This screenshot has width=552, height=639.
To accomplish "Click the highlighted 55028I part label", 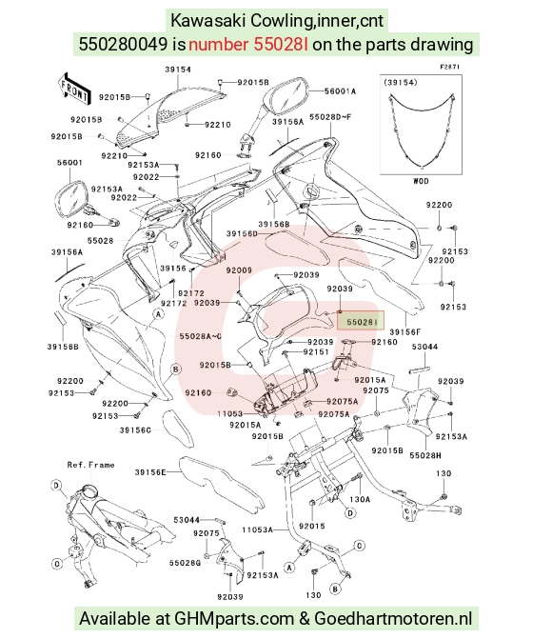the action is pyautogui.click(x=361, y=321).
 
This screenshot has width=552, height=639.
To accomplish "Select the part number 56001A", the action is pyautogui.click(x=340, y=91).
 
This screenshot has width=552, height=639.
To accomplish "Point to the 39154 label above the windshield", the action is pyautogui.click(x=178, y=70).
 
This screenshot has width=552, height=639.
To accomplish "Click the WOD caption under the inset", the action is pyautogui.click(x=421, y=181).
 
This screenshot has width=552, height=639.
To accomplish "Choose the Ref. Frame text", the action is pyautogui.click(x=90, y=465).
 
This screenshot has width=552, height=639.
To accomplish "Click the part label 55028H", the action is pyautogui.click(x=425, y=455).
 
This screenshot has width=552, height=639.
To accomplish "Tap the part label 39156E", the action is pyautogui.click(x=150, y=472).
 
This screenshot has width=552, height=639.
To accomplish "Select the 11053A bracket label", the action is pyautogui.click(x=258, y=529).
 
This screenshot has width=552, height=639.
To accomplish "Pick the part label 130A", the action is pyautogui.click(x=360, y=499).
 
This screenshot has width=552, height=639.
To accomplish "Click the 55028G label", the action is pyautogui.click(x=185, y=563).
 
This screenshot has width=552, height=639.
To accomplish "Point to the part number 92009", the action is pyautogui.click(x=239, y=270).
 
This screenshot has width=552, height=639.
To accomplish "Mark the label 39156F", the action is pyautogui.click(x=405, y=332).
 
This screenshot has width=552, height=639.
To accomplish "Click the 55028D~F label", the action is pyautogui.click(x=330, y=117).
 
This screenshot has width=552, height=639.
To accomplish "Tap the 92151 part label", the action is pyautogui.click(x=316, y=351).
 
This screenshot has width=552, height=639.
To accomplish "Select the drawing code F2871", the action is pyautogui.click(x=450, y=67).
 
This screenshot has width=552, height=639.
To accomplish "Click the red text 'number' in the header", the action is pyautogui.click(x=218, y=45).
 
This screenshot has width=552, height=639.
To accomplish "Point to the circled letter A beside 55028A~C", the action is pyautogui.click(x=159, y=314).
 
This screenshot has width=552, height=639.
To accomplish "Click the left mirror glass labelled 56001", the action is pyautogui.click(x=70, y=201).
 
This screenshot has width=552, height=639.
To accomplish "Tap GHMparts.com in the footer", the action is pyautogui.click(x=234, y=619).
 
